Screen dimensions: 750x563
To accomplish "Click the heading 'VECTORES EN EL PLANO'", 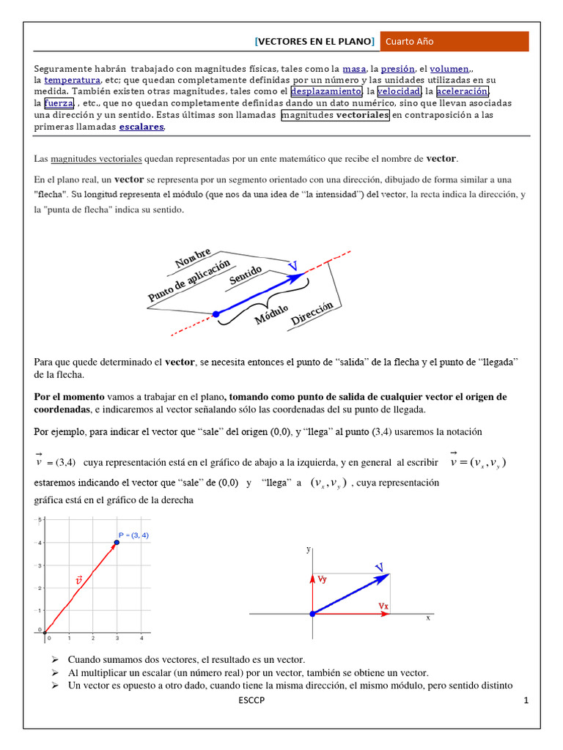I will click(x=314, y=42).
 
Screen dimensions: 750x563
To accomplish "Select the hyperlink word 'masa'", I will click(x=354, y=67).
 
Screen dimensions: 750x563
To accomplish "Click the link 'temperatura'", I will click(x=72, y=79).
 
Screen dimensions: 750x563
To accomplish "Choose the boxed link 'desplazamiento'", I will click(x=326, y=91).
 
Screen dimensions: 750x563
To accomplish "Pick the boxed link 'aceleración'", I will click(x=462, y=91).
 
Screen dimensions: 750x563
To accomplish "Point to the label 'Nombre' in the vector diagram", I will click(x=193, y=259).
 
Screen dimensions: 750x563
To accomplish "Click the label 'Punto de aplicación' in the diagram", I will click(x=188, y=281).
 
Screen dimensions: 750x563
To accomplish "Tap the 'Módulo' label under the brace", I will click(x=271, y=313).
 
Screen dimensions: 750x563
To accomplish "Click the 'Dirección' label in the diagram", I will click(x=312, y=313).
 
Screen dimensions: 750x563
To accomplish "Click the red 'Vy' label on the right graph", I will click(x=323, y=579).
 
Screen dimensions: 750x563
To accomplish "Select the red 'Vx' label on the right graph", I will click(x=383, y=606).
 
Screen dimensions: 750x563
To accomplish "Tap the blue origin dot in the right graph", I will click(x=312, y=614).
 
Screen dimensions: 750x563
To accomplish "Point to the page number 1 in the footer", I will click(x=526, y=701).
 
